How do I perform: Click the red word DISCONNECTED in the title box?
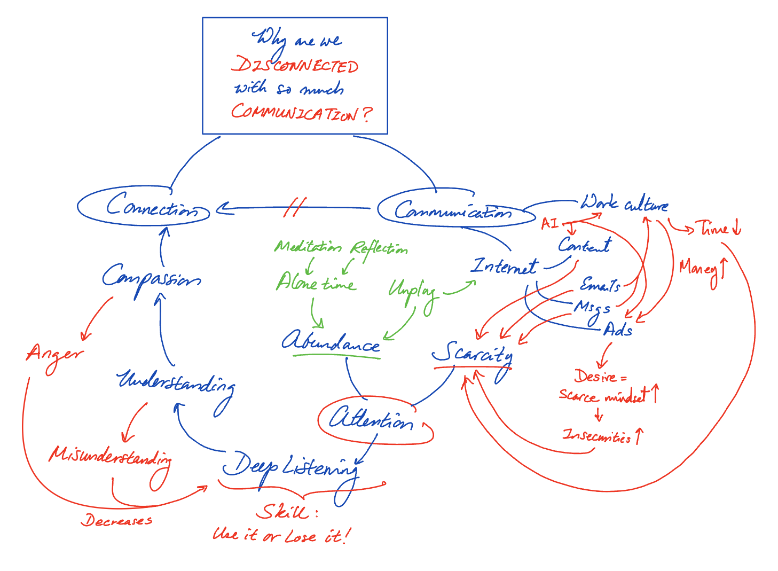[x=295, y=65]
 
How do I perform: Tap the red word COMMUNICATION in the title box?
[x=295, y=112]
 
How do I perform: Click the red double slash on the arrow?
[x=294, y=207]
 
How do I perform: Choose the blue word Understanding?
[x=175, y=382]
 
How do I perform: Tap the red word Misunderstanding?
[x=110, y=457]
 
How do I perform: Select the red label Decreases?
[x=116, y=520]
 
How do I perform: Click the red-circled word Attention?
[x=371, y=419]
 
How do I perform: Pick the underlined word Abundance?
[x=331, y=342]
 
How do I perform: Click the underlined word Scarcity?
[x=472, y=353]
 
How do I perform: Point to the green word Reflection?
[x=379, y=248]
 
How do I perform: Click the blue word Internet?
[x=505, y=266]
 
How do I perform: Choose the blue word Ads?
[x=618, y=330]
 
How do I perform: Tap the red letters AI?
[x=549, y=223]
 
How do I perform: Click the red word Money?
[x=698, y=268]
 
